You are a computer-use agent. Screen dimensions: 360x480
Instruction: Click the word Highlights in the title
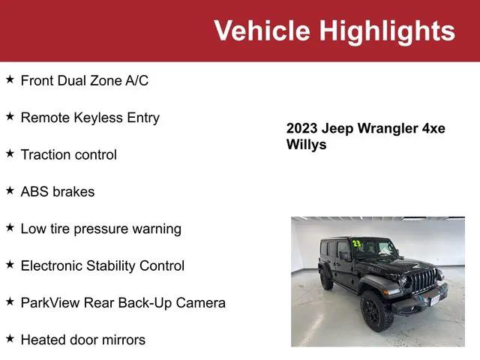[387, 31]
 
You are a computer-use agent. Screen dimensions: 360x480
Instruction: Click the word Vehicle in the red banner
[262, 31]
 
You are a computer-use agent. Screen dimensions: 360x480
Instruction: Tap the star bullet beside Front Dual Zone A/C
[10, 79]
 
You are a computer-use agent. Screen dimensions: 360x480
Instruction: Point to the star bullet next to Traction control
[10, 154]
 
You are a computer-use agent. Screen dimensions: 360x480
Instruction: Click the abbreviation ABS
[34, 191]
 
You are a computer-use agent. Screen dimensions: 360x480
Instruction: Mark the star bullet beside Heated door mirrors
[10, 339]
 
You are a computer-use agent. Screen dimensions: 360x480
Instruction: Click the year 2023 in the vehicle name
[302, 128]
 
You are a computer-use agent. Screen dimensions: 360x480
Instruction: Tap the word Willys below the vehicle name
[307, 145]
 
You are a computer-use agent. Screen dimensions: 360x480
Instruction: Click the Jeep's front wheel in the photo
[377, 310]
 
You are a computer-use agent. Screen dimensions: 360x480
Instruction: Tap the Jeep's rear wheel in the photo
[326, 278]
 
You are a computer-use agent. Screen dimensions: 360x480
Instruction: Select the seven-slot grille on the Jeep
[424, 282]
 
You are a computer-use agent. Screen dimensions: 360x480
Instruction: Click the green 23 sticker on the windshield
[357, 244]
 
